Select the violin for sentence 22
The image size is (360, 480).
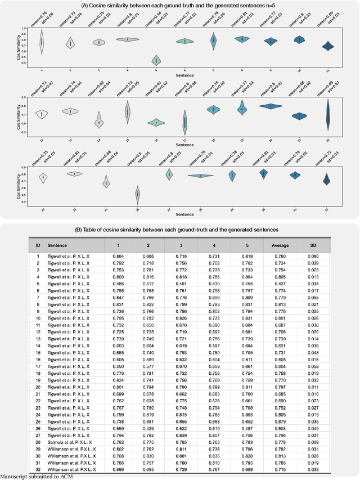328,114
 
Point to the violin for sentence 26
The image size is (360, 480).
137,194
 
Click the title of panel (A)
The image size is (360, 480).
179,5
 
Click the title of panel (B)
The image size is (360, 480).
179,229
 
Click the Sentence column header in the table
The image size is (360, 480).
57,245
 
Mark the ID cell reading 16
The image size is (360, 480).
38,359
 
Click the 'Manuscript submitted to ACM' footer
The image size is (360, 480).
37,477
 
